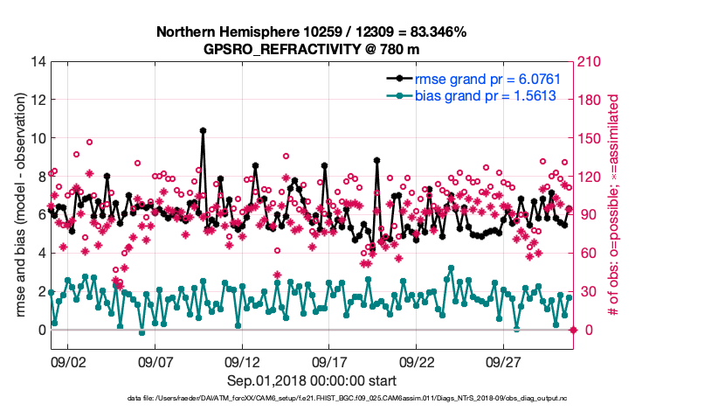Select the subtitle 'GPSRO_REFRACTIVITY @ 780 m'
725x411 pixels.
pos(311,48)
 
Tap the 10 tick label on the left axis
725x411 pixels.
pos(36,138)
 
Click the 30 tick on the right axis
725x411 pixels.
pos(587,291)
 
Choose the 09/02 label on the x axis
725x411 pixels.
pos(68,360)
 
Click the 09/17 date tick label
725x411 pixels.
pos(330,360)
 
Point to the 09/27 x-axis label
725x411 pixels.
pos(505,360)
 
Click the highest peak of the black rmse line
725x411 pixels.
pos(203,130)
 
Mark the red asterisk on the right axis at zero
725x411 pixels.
pos(573,330)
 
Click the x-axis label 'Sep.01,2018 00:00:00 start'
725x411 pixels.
pos(311,380)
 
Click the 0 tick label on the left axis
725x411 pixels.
pos(39,330)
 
